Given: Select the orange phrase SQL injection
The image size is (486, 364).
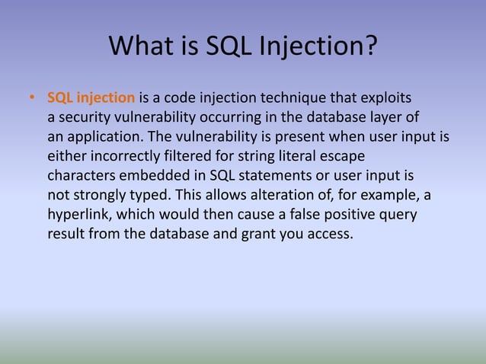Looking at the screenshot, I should click(91, 99).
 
